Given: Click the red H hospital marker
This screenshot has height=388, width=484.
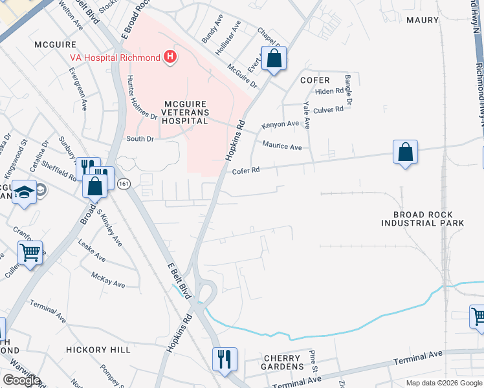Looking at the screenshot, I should (170, 58).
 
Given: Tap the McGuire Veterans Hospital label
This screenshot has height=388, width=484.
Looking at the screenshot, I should (177, 112).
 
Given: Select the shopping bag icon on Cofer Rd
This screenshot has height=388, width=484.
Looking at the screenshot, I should (405, 153).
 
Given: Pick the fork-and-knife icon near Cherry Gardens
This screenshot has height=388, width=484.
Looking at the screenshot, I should (225, 360).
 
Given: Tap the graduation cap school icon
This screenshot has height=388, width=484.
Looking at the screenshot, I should (25, 192).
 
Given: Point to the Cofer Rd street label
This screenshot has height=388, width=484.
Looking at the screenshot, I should (246, 171).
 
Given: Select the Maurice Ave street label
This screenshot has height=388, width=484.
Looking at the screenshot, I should (281, 147).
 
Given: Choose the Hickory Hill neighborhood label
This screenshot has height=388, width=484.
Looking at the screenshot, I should (94, 349).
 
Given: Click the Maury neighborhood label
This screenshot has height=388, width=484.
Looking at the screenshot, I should (423, 20).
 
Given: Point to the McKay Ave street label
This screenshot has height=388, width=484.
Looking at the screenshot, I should (107, 279).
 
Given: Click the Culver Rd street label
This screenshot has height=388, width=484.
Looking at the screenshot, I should (330, 110).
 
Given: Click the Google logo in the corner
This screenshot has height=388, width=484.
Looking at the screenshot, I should (21, 380).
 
